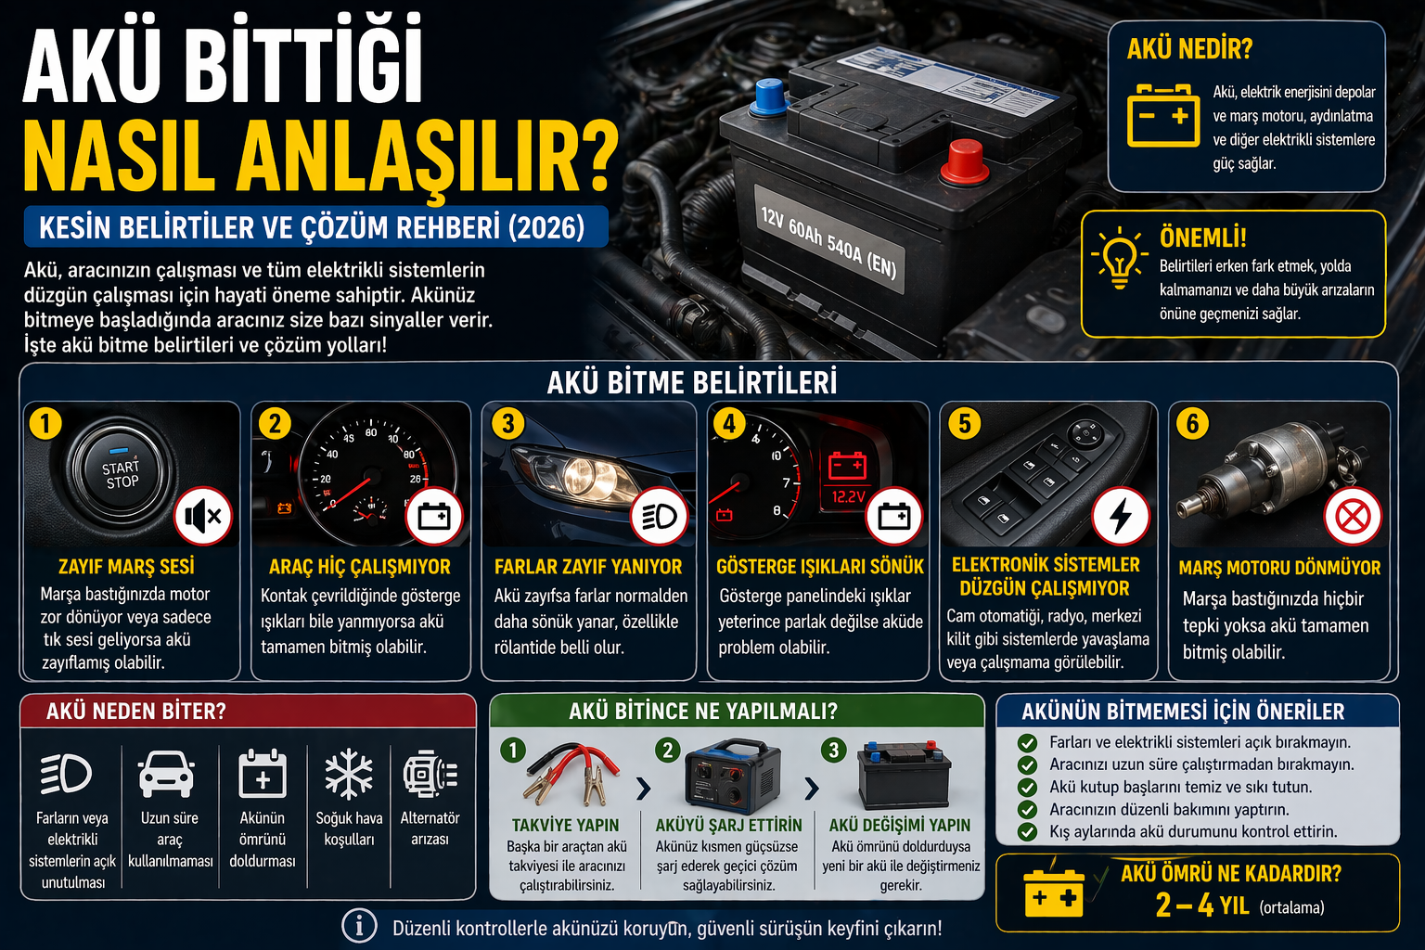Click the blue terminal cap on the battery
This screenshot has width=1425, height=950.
click(x=769, y=97)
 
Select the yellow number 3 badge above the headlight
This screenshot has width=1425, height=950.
click(x=507, y=424)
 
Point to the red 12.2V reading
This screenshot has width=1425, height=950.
click(x=849, y=497)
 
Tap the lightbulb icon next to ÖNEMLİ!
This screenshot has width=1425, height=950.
click(x=1119, y=258)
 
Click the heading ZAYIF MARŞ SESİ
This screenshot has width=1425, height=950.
click(x=126, y=566)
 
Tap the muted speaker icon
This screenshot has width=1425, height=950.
click(x=203, y=516)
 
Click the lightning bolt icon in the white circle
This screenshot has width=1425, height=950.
click(x=1121, y=516)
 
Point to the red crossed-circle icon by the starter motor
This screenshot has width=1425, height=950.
click(x=1353, y=516)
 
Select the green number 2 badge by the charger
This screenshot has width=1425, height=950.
click(x=667, y=751)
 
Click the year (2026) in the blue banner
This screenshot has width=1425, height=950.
click(x=546, y=228)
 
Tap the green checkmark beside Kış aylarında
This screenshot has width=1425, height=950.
click(x=1027, y=831)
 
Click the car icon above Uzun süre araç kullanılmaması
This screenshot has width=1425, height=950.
click(x=167, y=774)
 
